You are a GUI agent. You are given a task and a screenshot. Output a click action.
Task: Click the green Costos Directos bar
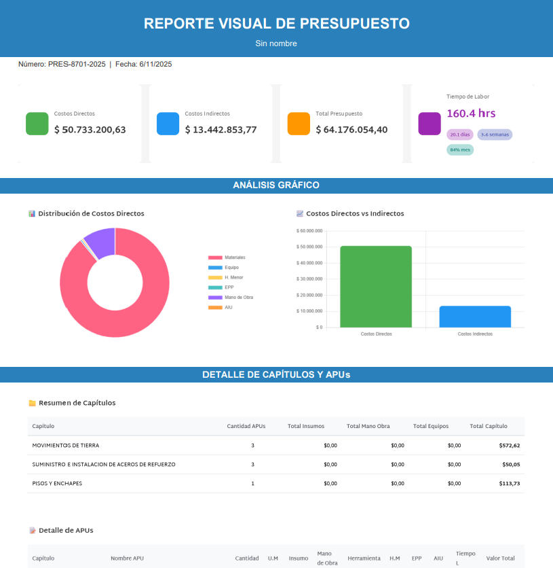pyautogui.click(x=376, y=286)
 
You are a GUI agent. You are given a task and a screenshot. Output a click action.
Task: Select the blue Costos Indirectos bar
pyautogui.click(x=475, y=317)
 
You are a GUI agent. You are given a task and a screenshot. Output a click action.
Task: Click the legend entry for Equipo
pyautogui.click(x=230, y=268)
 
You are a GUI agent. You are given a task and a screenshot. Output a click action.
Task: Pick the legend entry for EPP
pyautogui.click(x=229, y=287)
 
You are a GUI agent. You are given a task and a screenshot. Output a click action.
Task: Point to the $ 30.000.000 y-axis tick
pyautogui.click(x=309, y=279)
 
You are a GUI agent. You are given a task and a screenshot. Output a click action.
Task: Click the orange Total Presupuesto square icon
pyautogui.click(x=299, y=124)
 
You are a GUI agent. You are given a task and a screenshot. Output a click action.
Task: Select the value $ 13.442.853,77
pyautogui.click(x=221, y=130)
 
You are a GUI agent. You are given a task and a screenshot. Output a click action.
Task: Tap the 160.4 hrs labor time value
pyautogui.click(x=471, y=113)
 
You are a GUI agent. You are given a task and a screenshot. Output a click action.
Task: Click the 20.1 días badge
pyautogui.click(x=460, y=135)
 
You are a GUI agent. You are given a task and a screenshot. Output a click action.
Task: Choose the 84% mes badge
pyautogui.click(x=460, y=149)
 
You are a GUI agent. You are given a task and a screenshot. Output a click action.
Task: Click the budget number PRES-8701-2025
pyautogui.click(x=77, y=65)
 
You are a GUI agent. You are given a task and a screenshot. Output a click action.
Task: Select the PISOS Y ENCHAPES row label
pyautogui.click(x=58, y=484)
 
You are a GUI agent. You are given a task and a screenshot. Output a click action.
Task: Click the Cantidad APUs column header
pyautogui.click(x=246, y=426)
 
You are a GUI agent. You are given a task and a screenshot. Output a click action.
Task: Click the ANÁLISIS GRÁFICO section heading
pyautogui.click(x=276, y=185)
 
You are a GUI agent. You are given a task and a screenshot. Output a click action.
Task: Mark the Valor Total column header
pyautogui.click(x=500, y=558)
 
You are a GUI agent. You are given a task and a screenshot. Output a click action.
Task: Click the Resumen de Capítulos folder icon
pyautogui.click(x=32, y=403)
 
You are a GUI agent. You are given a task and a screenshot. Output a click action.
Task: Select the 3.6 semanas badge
pyautogui.click(x=495, y=135)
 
